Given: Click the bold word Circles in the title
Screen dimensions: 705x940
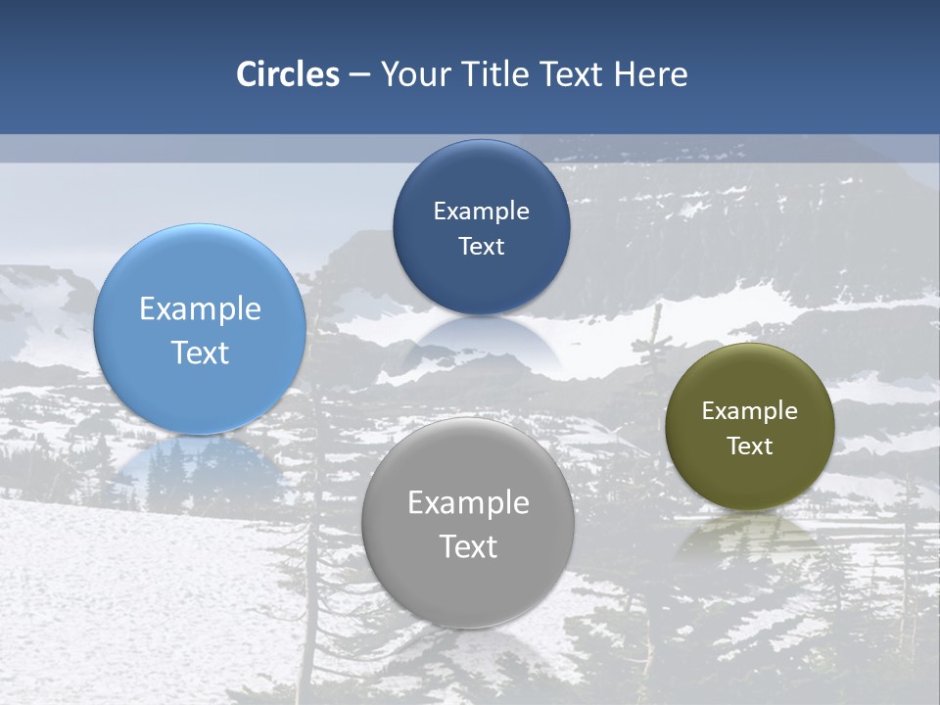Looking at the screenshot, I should tap(288, 74).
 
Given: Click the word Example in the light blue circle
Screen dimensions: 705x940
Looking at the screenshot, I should tap(200, 309).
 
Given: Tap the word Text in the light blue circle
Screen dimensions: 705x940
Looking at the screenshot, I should tap(200, 352).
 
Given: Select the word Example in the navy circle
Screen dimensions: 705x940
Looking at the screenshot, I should tap(481, 211).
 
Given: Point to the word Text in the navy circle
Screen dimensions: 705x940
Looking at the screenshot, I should tap(481, 246).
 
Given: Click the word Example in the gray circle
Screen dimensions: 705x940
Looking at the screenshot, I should tap(468, 503).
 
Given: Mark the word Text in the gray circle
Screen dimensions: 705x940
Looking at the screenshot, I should tap(468, 546).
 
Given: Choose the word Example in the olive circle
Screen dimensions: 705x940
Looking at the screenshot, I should tap(750, 411).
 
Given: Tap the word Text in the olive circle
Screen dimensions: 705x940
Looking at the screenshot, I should tap(750, 446).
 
